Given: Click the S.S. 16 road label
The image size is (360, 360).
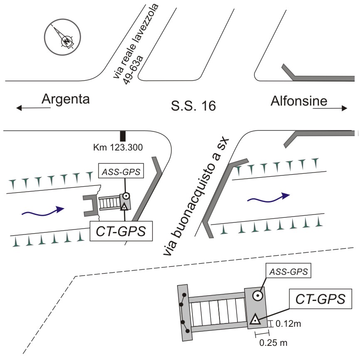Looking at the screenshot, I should pos(194,106).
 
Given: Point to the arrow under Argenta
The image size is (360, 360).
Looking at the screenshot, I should pos(33,108).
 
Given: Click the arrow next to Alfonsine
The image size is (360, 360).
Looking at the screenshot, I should pos(330,108).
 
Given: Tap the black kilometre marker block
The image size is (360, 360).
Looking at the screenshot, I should pos(123,136).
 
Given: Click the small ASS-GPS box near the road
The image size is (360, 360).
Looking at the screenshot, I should pos(121,171).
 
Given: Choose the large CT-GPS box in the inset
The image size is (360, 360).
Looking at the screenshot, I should pos(321,299).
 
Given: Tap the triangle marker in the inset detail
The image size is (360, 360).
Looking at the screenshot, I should pos(255,319).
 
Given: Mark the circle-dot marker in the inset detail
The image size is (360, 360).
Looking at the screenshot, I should pos(258,296).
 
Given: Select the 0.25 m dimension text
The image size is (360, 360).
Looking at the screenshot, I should pos(273,343).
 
